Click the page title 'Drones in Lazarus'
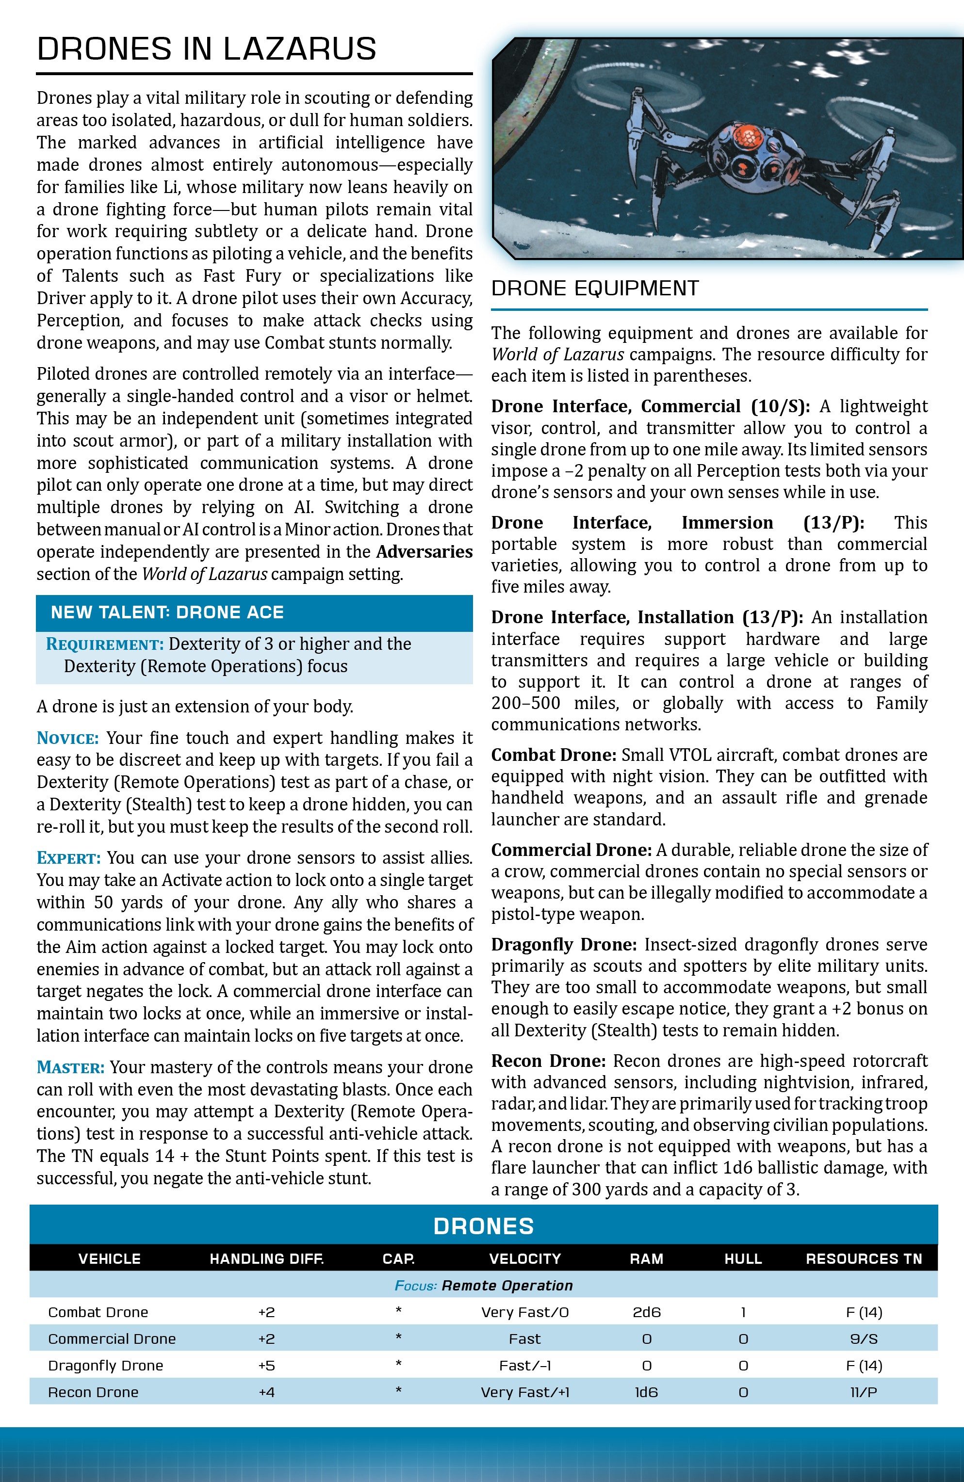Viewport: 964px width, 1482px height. pyautogui.click(x=206, y=48)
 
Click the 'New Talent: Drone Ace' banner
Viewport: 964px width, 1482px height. pyautogui.click(x=167, y=612)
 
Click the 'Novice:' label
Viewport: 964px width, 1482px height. pyautogui.click(x=68, y=739)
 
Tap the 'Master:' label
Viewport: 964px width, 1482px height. pyautogui.click(x=70, y=1067)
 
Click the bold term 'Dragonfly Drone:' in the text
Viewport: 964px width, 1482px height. pyautogui.click(x=564, y=945)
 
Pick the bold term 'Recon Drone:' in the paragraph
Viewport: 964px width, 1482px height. pyautogui.click(x=548, y=1061)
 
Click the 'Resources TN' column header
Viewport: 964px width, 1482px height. pyautogui.click(x=864, y=1258)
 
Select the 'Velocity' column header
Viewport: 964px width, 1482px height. pyautogui.click(x=524, y=1258)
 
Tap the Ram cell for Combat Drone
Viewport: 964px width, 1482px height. pyautogui.click(x=646, y=1312)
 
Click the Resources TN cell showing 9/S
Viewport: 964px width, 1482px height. pyautogui.click(x=864, y=1339)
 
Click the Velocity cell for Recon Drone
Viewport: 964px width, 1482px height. pyautogui.click(x=524, y=1392)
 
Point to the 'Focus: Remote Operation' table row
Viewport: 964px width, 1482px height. pyautogui.click(x=484, y=1285)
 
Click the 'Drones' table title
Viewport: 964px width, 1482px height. pyautogui.click(x=484, y=1226)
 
